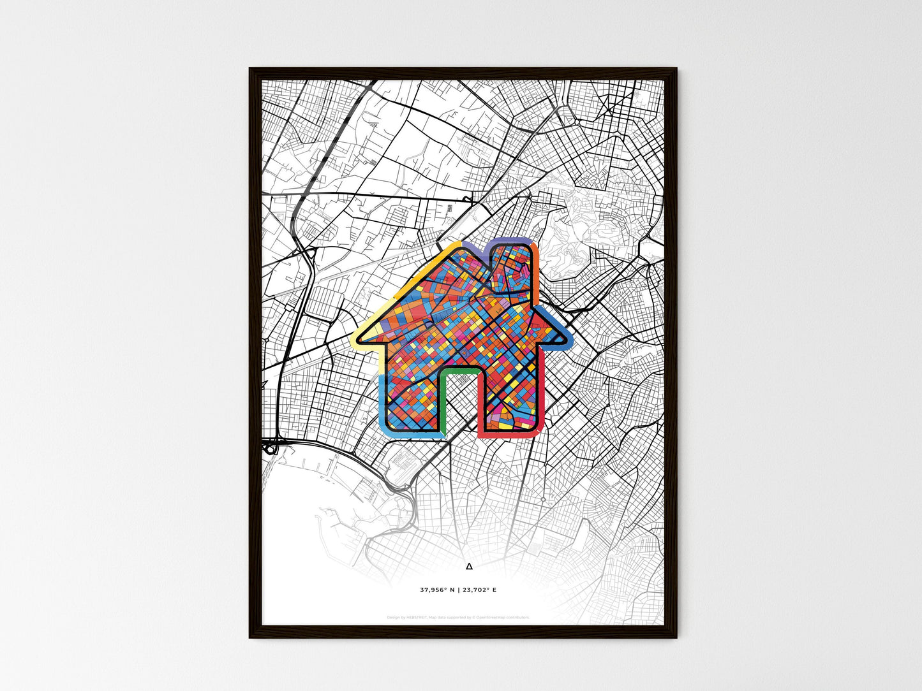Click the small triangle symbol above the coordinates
[469, 565]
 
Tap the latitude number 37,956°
[435, 590]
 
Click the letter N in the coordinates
[452, 590]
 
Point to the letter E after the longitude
[494, 590]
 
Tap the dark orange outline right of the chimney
[537, 261]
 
